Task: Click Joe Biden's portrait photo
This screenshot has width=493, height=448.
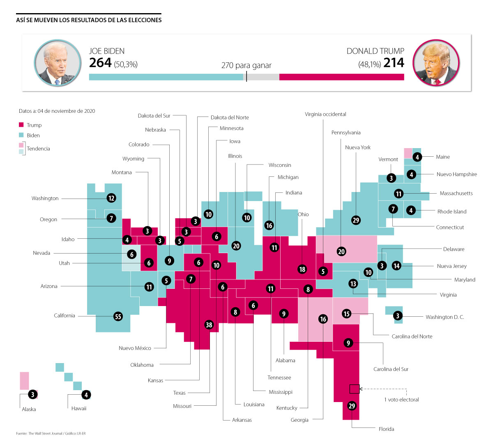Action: click(x=58, y=63)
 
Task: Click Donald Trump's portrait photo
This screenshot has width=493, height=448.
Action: click(x=435, y=63)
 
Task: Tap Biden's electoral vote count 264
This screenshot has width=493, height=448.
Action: click(x=100, y=62)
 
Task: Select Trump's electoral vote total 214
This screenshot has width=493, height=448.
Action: click(x=394, y=62)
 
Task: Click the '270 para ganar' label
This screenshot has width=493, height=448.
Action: click(x=246, y=65)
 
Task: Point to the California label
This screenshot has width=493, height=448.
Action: click(x=65, y=315)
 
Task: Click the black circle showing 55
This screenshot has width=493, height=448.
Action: click(x=118, y=316)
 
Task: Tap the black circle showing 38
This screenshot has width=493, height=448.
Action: click(x=209, y=325)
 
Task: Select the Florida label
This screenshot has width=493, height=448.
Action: click(x=386, y=429)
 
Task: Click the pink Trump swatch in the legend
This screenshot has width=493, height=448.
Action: click(x=21, y=125)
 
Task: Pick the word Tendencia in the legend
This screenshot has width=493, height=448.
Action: click(x=38, y=149)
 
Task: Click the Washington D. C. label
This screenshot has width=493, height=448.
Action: click(x=445, y=317)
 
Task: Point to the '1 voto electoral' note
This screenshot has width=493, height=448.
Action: click(x=401, y=400)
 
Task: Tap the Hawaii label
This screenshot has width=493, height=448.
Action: click(x=79, y=408)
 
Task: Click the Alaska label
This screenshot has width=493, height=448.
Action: click(x=29, y=409)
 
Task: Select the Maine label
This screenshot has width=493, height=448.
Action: click(x=443, y=157)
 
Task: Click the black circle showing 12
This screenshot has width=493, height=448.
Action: click(x=111, y=198)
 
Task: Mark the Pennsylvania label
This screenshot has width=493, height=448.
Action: click(x=346, y=133)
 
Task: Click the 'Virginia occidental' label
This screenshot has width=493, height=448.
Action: click(x=325, y=114)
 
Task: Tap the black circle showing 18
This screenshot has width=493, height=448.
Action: click(x=302, y=269)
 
